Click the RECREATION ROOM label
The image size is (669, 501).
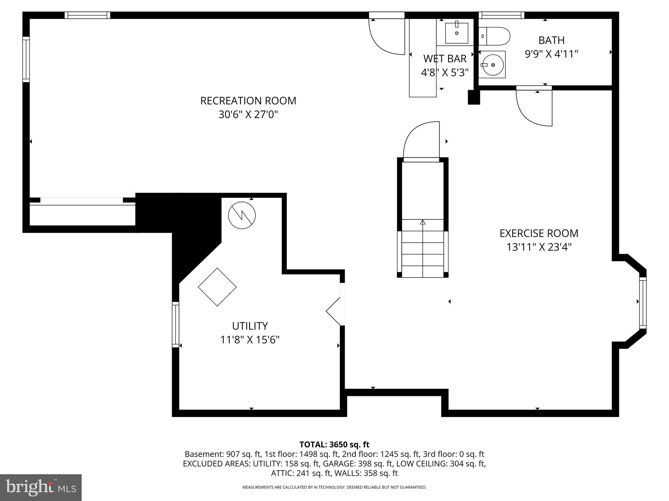[248, 101]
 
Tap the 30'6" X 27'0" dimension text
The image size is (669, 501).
[248, 115]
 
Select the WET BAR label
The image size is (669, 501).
[445, 59]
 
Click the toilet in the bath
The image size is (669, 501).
[495, 36]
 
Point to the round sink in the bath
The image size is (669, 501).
[492, 65]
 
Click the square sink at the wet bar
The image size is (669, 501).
[456, 33]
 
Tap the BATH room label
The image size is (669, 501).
[551, 40]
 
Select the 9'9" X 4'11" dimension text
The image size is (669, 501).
[551, 54]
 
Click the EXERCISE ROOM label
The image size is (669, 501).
[539, 233]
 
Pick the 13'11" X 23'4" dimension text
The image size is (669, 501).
[539, 247]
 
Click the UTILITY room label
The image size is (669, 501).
[250, 326]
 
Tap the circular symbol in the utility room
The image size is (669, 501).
[242, 215]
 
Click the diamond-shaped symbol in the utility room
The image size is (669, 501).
[217, 287]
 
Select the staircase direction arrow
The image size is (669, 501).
[423, 223]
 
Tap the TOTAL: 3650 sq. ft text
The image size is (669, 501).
[334, 444]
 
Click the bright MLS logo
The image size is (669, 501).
[41, 487]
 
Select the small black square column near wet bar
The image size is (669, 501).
[474, 97]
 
